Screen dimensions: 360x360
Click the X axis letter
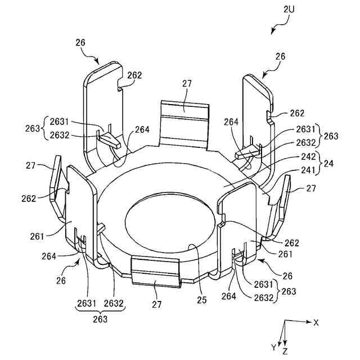316,322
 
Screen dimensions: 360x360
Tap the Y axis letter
274,347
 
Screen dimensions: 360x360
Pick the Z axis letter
286,351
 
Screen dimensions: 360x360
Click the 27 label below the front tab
156,304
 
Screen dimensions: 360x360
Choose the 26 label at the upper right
281,56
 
